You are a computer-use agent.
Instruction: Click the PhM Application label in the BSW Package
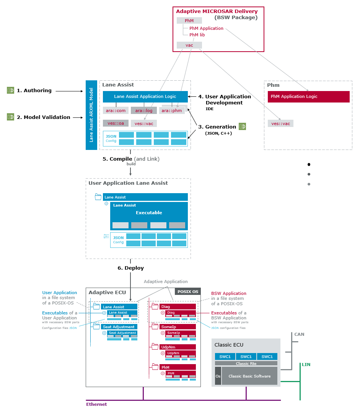[206, 28]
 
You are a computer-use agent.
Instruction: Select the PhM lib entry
[197, 35]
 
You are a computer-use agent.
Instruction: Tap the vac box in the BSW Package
[189, 45]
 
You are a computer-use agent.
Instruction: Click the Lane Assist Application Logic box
[145, 96]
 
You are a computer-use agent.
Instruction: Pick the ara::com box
[116, 111]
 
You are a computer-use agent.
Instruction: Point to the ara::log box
[143, 111]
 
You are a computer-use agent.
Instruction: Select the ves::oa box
[115, 123]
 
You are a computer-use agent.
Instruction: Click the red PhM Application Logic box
[308, 96]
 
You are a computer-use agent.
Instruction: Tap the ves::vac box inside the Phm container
[280, 124]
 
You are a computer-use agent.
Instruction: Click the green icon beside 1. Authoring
[10, 90]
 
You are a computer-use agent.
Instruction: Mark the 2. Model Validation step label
[43, 117]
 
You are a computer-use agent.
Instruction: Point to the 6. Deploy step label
[130, 268]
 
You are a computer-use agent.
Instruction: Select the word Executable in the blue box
[149, 213]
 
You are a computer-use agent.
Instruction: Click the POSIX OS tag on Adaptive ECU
[187, 291]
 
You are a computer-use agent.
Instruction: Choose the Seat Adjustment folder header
[119, 327]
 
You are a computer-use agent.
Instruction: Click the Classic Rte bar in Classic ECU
[246, 363]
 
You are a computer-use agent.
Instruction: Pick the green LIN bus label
[306, 365]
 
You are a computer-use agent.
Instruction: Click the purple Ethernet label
[96, 404]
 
